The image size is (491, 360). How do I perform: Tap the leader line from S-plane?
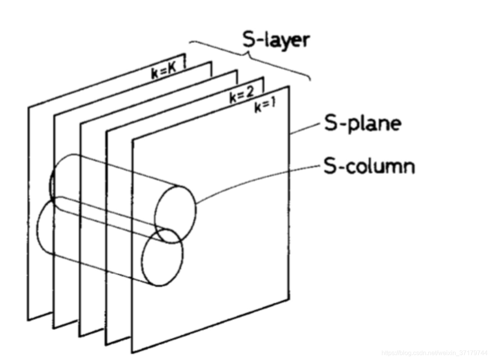point(306,129)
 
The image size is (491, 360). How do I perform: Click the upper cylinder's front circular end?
point(176,214)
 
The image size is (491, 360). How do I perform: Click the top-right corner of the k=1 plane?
point(289,86)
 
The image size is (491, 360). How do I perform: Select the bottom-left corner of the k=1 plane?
point(132,352)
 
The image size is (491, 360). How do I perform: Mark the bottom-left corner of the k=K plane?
point(28,320)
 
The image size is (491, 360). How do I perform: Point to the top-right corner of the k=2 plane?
point(263,78)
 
